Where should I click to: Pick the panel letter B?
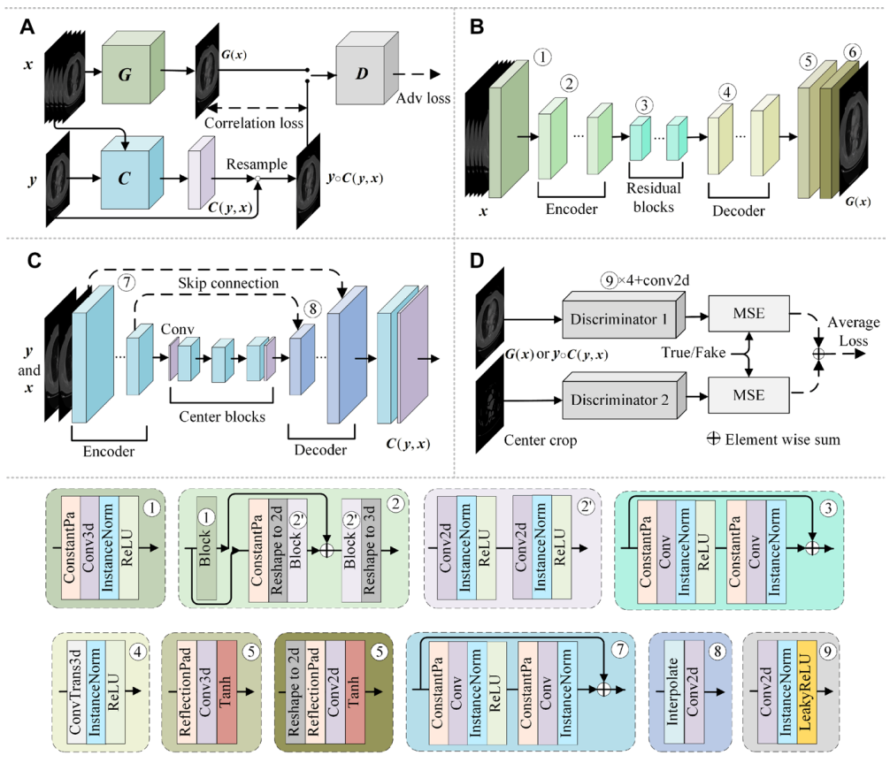coord(477,27)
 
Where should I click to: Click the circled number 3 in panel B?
coord(647,103)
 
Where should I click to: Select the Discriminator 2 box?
coord(618,399)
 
